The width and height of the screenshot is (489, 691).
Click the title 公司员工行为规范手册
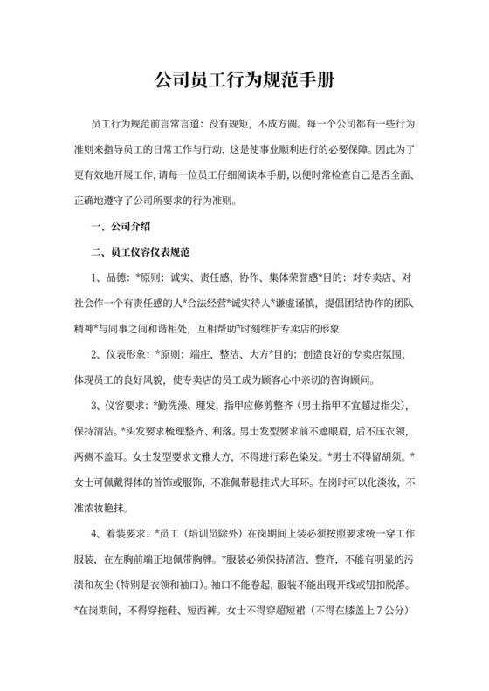tap(244, 80)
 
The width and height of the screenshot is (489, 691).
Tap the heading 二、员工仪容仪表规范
tap(142, 253)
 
